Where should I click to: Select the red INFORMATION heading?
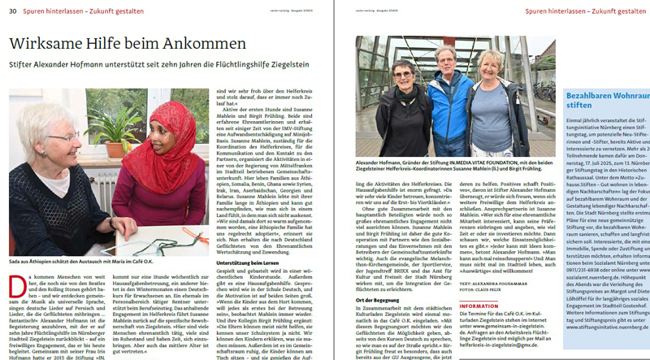479,306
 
